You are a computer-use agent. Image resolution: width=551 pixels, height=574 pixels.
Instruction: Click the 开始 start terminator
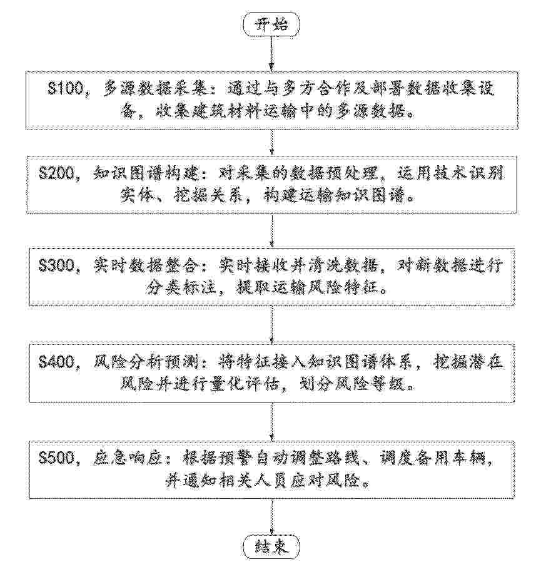pyautogui.click(x=271, y=25)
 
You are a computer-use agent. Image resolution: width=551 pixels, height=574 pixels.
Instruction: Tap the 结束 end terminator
pyautogui.click(x=271, y=547)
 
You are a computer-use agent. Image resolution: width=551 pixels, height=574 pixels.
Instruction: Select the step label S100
pyautogui.click(x=66, y=88)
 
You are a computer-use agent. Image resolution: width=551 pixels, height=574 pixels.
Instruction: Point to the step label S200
pyautogui.click(x=57, y=173)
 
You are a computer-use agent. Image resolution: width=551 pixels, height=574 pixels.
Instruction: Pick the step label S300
pyautogui.click(x=57, y=265)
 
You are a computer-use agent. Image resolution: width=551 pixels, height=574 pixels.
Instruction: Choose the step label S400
pyautogui.click(x=57, y=362)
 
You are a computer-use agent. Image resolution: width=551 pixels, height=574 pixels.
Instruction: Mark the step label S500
pyautogui.click(x=57, y=458)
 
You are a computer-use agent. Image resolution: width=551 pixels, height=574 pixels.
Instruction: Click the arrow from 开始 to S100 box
pyautogui.click(x=271, y=53)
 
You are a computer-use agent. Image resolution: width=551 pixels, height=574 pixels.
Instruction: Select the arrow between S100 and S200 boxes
pyautogui.click(x=271, y=142)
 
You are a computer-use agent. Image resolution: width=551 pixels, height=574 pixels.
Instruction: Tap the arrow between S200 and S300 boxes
pyautogui.click(x=271, y=230)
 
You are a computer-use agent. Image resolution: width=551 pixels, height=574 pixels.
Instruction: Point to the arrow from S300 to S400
pyautogui.click(x=271, y=325)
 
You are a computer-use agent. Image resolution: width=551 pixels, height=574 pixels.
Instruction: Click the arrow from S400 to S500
pyautogui.click(x=271, y=422)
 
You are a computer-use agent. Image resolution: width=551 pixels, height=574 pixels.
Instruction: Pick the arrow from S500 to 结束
pyautogui.click(x=271, y=518)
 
